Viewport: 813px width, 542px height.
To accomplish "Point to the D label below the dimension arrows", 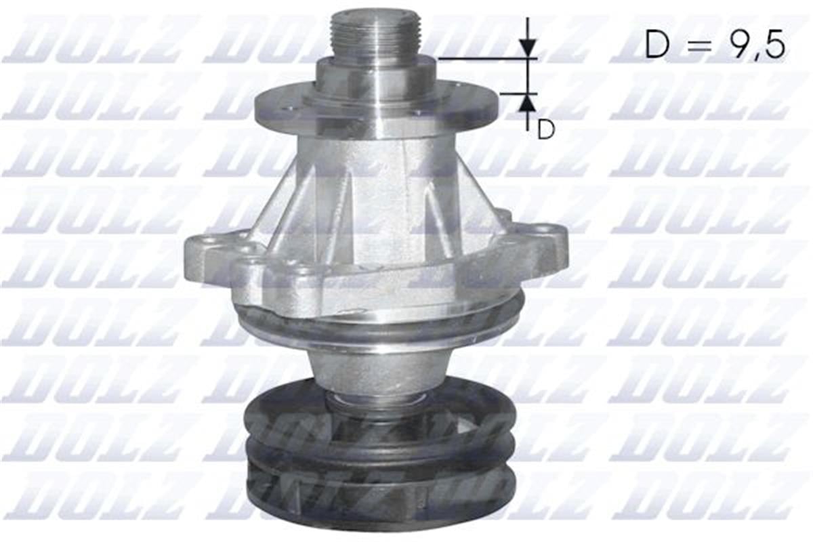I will click(546, 129).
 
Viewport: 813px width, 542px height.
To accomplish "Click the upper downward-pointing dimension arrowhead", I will click(528, 47).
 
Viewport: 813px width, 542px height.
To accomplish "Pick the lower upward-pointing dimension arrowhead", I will click(528, 104).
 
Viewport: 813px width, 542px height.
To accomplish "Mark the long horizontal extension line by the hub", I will click(484, 59).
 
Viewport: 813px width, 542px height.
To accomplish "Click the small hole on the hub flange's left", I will click(291, 109).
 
